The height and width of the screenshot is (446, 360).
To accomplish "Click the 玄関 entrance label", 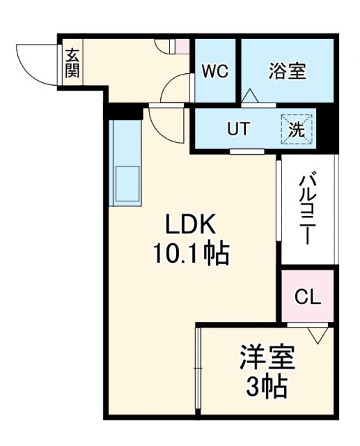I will (72, 62).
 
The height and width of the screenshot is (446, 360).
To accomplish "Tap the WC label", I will (217, 72).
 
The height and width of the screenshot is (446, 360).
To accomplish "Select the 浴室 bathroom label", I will (287, 71).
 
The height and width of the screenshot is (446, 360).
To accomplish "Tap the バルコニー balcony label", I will (306, 209).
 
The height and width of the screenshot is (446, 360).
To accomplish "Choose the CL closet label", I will (308, 297).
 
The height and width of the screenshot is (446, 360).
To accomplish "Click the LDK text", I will (191, 226).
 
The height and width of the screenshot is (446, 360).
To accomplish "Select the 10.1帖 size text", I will (191, 254).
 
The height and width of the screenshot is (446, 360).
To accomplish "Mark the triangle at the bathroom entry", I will (250, 96).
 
